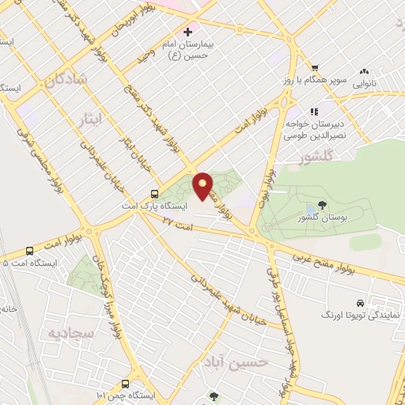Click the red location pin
click(x=204, y=186)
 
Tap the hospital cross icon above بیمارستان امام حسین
click(x=187, y=32)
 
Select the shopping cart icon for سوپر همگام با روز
click(x=315, y=68)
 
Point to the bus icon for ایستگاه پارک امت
click(x=154, y=194)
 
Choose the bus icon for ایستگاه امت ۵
click(x=30, y=251)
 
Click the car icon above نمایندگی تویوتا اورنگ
click(x=360, y=303)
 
